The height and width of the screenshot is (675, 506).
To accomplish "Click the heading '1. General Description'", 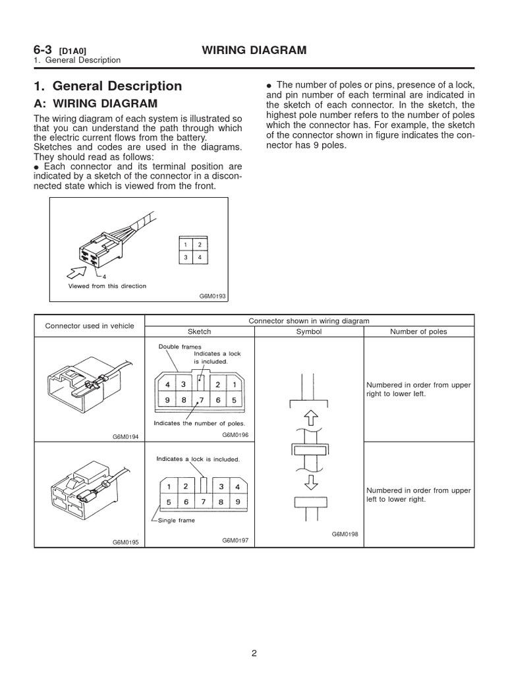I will pyautogui.click(x=107, y=86).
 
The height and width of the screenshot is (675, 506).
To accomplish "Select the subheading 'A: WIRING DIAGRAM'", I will pyautogui.click(x=96, y=103).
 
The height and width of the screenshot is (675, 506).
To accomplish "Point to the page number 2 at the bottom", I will pyautogui.click(x=254, y=653).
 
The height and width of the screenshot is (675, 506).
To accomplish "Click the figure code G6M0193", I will pyautogui.click(x=212, y=297).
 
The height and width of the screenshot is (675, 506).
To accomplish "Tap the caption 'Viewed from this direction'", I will pyautogui.click(x=107, y=286).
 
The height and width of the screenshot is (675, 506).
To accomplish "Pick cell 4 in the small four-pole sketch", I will pyautogui.click(x=200, y=258).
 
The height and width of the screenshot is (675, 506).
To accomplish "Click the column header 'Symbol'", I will pyautogui.click(x=309, y=332).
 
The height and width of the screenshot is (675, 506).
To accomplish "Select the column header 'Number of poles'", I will pyautogui.click(x=418, y=332).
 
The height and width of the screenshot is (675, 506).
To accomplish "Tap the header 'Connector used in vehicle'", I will pyautogui.click(x=89, y=326).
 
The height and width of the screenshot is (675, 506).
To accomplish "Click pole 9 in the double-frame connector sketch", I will pyautogui.click(x=168, y=400).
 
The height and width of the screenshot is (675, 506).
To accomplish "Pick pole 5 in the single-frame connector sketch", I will pyautogui.click(x=169, y=501).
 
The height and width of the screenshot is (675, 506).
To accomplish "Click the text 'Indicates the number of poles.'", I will pyautogui.click(x=199, y=423).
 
